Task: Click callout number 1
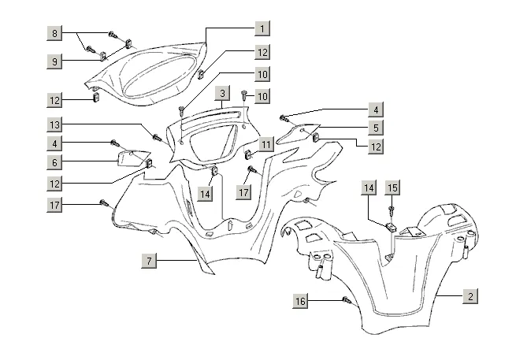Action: pyautogui.click(x=262, y=28)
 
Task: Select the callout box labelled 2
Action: pyautogui.click(x=470, y=296)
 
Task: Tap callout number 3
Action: pyautogui.click(x=224, y=94)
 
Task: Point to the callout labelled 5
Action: pyautogui.click(x=377, y=127)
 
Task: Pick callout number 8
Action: pyautogui.click(x=54, y=34)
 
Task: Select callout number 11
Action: pyautogui.click(x=266, y=145)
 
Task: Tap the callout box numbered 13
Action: pyautogui.click(x=54, y=124)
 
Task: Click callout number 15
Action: pyautogui.click(x=392, y=187)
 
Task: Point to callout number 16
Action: pyautogui.click(x=302, y=302)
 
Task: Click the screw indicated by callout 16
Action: pyautogui.click(x=346, y=300)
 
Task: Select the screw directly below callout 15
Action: pyautogui.click(x=392, y=210)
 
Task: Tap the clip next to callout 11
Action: pyautogui.click(x=247, y=153)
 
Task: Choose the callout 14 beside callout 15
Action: pyautogui.click(x=369, y=187)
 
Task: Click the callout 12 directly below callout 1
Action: pyautogui.click(x=262, y=52)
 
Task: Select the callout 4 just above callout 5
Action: pyautogui.click(x=377, y=109)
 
